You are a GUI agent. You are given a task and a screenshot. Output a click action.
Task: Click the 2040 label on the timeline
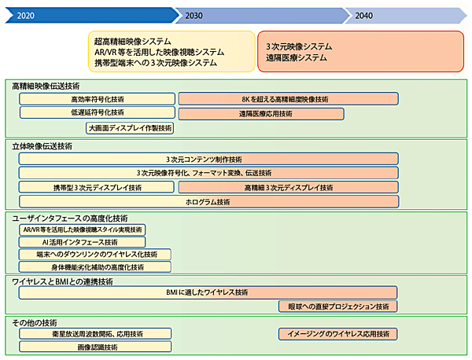(x=364, y=15)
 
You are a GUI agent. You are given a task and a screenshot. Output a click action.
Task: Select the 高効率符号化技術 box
(x=98, y=99)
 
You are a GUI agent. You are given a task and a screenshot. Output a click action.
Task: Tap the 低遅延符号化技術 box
(x=98, y=113)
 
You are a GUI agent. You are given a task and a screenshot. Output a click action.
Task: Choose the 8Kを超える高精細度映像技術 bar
(x=287, y=99)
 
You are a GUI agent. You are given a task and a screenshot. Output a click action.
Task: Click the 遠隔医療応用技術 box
(x=261, y=113)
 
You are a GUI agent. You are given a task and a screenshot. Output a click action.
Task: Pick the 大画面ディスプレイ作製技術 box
(x=130, y=127)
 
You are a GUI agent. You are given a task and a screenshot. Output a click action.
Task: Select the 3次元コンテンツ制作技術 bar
(x=208, y=159)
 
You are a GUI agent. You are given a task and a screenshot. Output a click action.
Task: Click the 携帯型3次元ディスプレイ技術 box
(x=98, y=187)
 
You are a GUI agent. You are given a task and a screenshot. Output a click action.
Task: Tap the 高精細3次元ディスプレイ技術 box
(x=287, y=187)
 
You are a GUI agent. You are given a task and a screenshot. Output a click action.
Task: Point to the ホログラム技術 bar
(x=208, y=201)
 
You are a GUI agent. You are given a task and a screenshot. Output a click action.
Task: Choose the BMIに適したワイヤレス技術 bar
(x=208, y=292)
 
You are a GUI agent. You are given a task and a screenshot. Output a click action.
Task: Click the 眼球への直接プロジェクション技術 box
(x=337, y=307)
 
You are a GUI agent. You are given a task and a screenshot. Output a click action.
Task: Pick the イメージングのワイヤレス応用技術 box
(x=337, y=333)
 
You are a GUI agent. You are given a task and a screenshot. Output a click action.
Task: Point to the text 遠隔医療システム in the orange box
(x=297, y=57)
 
